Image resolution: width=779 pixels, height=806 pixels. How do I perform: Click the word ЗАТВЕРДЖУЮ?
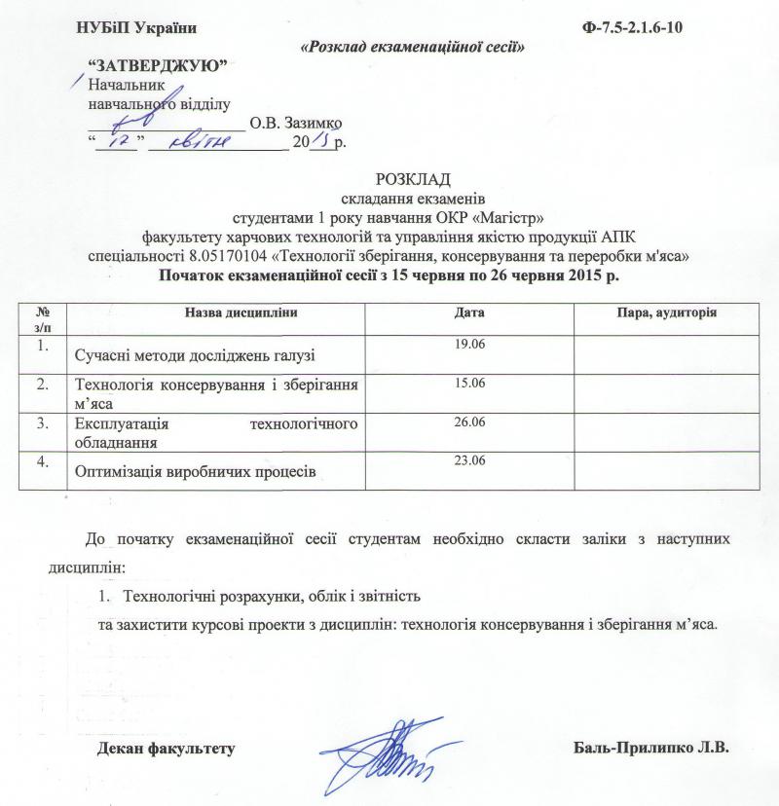click(158, 65)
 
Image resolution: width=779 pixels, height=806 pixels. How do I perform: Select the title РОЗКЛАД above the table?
click(413, 180)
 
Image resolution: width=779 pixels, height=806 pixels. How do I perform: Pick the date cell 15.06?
click(469, 384)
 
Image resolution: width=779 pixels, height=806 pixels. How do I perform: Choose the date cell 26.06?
click(469, 421)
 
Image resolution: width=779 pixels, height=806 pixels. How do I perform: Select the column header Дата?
click(469, 312)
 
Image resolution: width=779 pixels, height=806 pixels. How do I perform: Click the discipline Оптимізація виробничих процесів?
click(195, 472)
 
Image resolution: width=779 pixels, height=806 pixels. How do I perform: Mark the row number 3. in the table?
click(42, 422)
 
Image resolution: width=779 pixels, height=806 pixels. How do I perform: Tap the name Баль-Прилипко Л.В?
click(651, 750)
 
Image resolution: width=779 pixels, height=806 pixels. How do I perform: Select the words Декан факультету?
click(167, 750)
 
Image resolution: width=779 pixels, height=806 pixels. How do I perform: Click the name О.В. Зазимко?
click(296, 124)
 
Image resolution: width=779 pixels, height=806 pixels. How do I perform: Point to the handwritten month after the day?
click(199, 142)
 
